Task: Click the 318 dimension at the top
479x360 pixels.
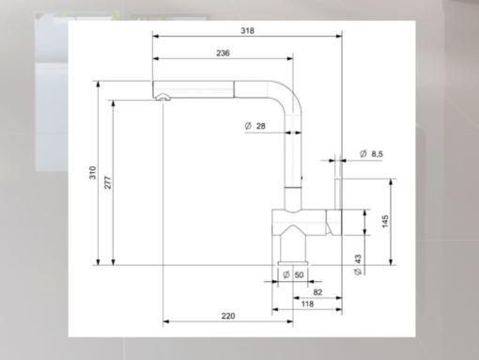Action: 247,31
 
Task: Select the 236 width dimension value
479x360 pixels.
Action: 224,54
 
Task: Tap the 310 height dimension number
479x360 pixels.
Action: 92,174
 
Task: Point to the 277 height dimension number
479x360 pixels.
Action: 109,183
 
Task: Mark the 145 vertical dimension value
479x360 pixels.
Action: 386,221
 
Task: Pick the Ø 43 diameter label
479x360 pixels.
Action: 359,264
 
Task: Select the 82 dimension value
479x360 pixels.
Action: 317,293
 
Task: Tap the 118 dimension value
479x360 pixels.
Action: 307,305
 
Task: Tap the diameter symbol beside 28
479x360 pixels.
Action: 246,127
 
